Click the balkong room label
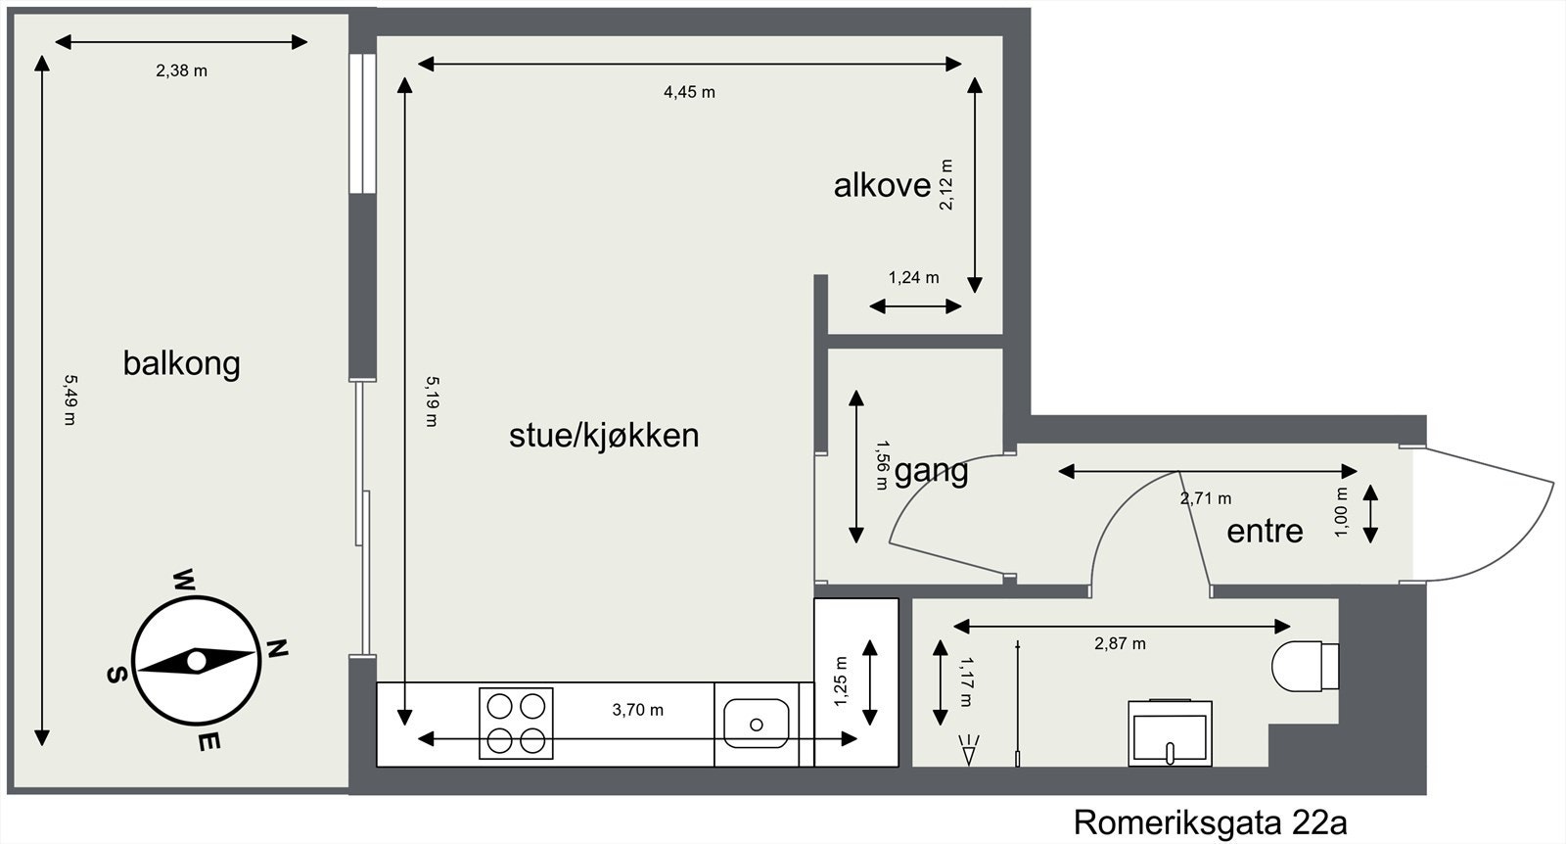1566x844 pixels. (x=181, y=363)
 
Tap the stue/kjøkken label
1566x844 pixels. (x=604, y=435)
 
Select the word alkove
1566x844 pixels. (x=882, y=185)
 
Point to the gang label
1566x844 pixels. (x=931, y=471)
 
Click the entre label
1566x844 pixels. (x=1265, y=531)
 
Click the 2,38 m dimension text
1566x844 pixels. (x=181, y=70)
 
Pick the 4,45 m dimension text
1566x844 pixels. (x=689, y=92)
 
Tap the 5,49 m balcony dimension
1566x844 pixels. (x=69, y=399)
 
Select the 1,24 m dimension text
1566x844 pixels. (x=913, y=278)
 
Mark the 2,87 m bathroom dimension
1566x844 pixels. (x=1120, y=643)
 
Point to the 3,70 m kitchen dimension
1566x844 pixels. (x=637, y=710)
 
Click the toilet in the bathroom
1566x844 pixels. (x=1302, y=666)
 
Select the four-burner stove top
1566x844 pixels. (x=516, y=724)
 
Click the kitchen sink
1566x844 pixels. (x=757, y=724)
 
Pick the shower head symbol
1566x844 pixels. (x=970, y=751)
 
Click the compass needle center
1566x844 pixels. (x=196, y=662)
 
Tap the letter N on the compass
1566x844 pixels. (x=278, y=647)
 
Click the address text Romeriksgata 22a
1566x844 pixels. (x=1210, y=821)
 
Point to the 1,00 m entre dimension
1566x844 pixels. (x=1341, y=513)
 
